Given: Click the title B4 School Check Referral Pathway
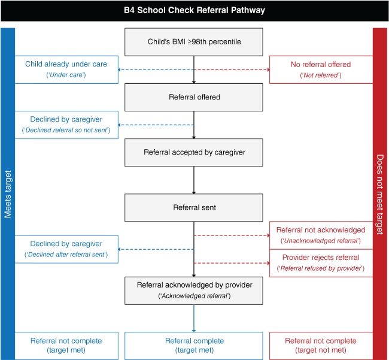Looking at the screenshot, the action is (194, 10).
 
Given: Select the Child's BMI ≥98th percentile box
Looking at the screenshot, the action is (194, 42).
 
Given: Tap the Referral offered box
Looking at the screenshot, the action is (194, 97).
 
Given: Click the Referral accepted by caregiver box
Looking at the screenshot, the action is (194, 152).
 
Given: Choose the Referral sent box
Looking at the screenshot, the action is (194, 208).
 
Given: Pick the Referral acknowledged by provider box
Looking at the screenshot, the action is (194, 291).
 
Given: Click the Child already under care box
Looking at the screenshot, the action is (66, 69).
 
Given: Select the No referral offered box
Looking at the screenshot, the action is (321, 69).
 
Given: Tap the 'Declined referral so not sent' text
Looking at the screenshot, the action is (66, 130).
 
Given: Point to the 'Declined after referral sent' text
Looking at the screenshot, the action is (66, 255).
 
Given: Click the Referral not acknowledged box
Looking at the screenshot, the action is (321, 235).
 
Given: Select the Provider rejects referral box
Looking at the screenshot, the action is (321, 263).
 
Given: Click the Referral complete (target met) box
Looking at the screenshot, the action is (194, 346).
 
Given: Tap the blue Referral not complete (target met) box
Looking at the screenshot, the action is (66, 346).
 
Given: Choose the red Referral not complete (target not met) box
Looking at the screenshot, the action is (321, 346).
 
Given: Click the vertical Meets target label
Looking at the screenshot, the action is (8, 194).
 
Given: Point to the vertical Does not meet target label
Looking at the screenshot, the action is (380, 195).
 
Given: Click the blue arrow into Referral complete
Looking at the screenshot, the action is (194, 318).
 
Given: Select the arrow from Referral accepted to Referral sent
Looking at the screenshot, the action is (194, 180).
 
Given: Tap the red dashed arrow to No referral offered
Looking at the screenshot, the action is (232, 69).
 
